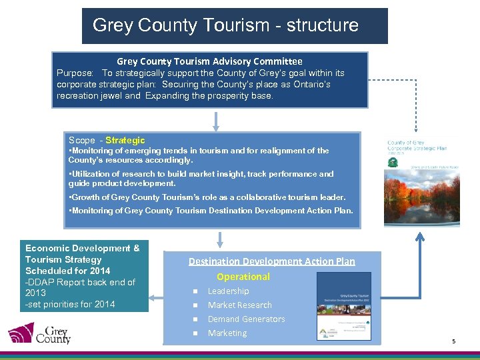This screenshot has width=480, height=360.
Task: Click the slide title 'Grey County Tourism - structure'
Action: [225, 25]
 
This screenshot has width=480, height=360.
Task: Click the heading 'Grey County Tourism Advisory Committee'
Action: [209, 61]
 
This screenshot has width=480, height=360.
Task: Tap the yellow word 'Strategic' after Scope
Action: [125, 141]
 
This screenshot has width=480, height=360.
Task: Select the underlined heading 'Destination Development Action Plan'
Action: [271, 261]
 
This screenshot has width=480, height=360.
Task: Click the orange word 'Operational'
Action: [243, 277]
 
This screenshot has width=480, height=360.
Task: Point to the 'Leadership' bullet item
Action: [228, 291]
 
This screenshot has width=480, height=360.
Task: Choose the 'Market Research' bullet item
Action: [239, 305]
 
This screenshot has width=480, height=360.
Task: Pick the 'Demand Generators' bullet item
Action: [246, 319]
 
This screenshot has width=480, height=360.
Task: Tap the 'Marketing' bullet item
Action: [227, 333]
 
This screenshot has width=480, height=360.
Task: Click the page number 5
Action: [453, 341]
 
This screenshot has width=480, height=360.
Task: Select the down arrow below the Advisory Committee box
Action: [216, 121]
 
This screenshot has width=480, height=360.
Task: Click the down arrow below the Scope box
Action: [221, 239]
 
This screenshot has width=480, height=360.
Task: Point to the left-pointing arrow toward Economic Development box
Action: [157, 284]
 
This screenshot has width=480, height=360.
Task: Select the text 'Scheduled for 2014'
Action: [67, 271]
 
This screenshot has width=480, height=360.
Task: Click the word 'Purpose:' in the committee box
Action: [75, 73]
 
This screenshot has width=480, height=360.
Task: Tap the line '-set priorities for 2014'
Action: [70, 304]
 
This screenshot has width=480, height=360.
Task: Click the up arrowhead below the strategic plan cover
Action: [421, 235]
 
